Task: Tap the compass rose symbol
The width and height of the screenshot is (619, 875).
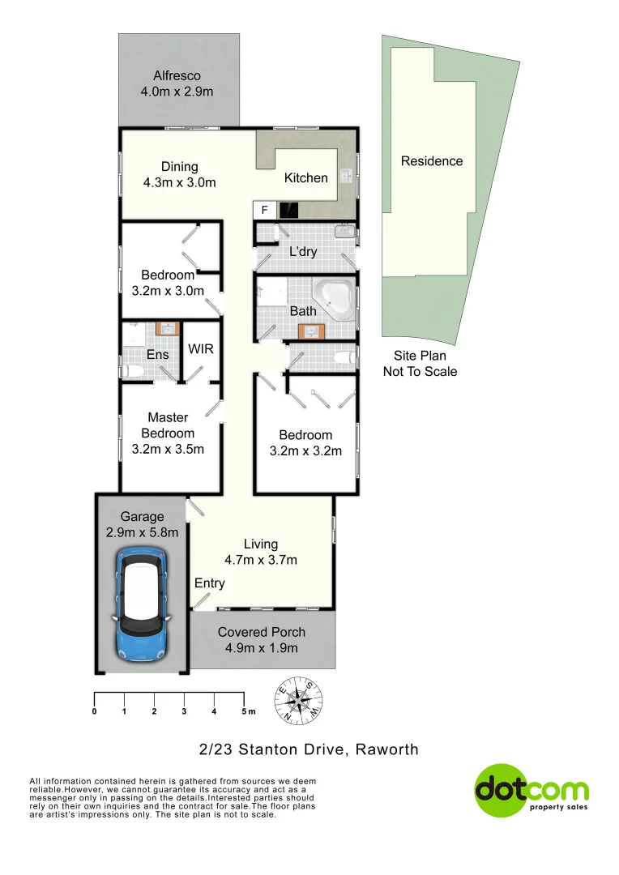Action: (301, 699)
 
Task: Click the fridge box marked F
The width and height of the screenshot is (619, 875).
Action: (263, 211)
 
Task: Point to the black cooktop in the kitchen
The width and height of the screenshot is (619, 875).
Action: (288, 211)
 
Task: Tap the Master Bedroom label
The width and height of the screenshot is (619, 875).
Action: (168, 425)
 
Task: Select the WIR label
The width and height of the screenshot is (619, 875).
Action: (200, 349)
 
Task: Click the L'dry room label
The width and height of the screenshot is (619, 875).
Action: (303, 252)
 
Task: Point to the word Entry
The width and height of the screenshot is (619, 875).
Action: (210, 583)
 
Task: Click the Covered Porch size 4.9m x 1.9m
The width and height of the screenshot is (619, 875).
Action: (261, 648)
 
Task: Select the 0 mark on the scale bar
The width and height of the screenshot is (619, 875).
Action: (95, 711)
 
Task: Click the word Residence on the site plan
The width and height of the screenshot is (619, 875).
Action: (432, 161)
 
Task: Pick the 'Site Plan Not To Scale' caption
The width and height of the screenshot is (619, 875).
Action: (420, 364)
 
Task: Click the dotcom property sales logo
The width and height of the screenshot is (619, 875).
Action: (531, 790)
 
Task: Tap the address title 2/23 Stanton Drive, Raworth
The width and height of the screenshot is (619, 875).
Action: (309, 749)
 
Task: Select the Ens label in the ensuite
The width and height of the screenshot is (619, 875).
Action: (157, 354)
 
